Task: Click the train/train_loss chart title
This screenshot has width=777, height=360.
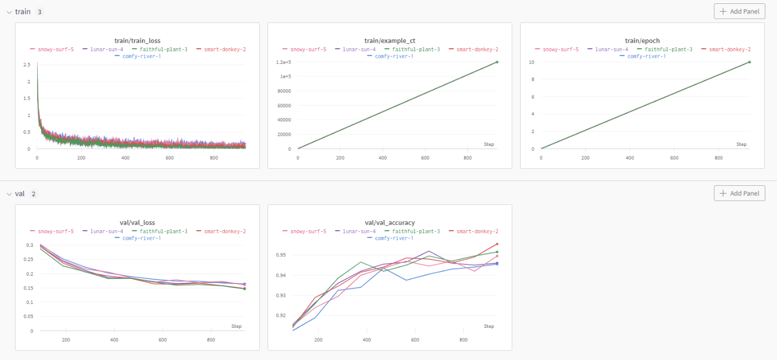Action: coord(137,40)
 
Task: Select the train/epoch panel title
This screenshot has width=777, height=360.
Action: coord(642,40)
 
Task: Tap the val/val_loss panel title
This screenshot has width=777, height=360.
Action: coord(137,222)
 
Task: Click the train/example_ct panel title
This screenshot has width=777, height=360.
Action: coord(390,40)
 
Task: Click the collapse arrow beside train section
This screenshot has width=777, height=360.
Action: coord(9,12)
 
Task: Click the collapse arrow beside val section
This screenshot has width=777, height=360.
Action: coord(9,194)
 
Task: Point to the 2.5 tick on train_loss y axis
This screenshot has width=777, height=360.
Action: coord(27,65)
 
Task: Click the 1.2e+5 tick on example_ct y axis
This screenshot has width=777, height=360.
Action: coord(284,62)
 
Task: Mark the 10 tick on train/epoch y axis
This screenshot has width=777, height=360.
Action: coord(531,62)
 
